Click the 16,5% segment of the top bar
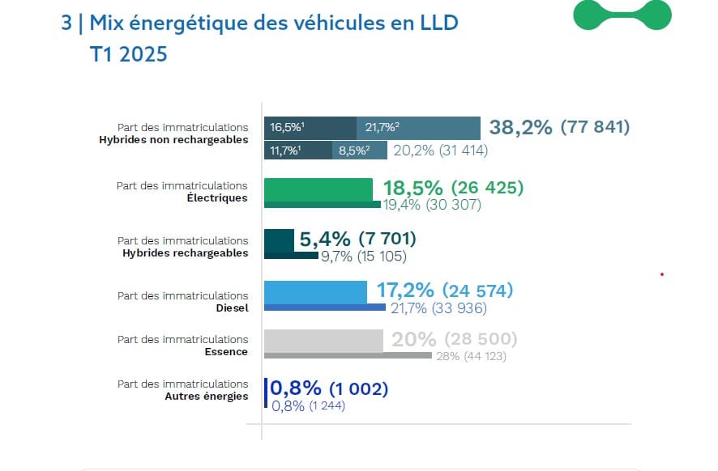pyautogui.click(x=310, y=128)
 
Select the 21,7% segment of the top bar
pyautogui.click(x=418, y=128)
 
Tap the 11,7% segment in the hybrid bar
pyautogui.click(x=297, y=151)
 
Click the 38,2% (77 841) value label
pyautogui.click(x=559, y=127)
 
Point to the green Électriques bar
pyautogui.click(x=318, y=189)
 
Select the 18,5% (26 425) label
pyautogui.click(x=453, y=188)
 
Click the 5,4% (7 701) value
pyautogui.click(x=357, y=239)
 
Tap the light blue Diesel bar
pyautogui.click(x=316, y=291)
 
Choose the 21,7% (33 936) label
pyautogui.click(x=438, y=308)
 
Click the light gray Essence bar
pyautogui.click(x=323, y=340)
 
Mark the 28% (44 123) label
pyautogui.click(x=471, y=356)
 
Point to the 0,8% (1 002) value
pyautogui.click(x=329, y=388)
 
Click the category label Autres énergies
pyautogui.click(x=207, y=397)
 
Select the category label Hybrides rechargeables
pyautogui.click(x=185, y=252)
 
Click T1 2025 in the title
pyautogui.click(x=129, y=54)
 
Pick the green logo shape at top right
pyautogui.click(x=622, y=15)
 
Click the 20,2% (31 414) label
pyautogui.click(x=440, y=151)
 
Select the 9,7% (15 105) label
pyautogui.click(x=364, y=257)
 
